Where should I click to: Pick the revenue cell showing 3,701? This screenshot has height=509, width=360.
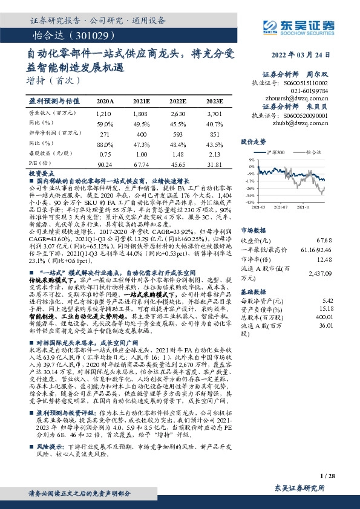tap(214, 113)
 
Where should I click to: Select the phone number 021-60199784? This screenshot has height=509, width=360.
tap(315, 89)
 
